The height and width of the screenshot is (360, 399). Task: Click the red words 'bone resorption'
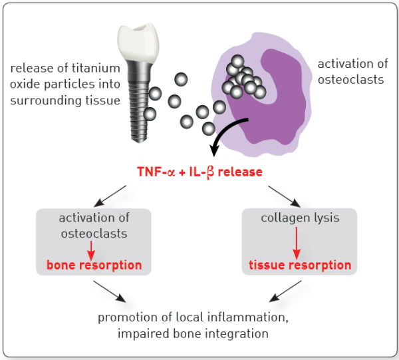point(94,265)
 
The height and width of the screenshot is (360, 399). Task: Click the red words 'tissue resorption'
point(299,265)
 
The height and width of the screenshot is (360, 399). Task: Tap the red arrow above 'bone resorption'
point(94,248)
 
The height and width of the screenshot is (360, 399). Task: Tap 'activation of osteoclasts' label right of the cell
point(350,71)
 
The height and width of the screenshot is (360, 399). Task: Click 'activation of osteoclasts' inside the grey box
point(94,226)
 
